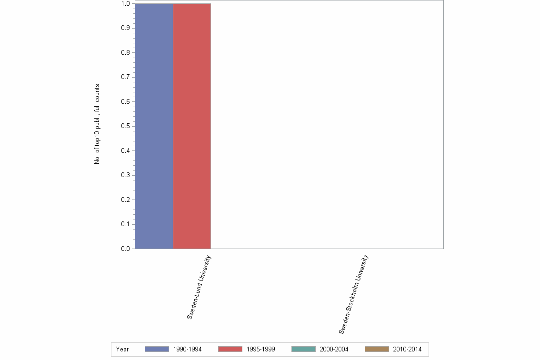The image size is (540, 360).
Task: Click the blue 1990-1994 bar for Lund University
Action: [154, 126]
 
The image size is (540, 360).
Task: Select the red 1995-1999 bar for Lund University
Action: [192, 126]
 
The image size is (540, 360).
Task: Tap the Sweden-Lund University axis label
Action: [199, 287]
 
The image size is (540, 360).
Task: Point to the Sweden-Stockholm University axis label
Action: [353, 294]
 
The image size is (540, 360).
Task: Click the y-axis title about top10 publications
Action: [97, 124]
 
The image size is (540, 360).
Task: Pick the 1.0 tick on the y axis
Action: [125, 4]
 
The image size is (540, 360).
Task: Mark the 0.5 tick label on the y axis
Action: [125, 126]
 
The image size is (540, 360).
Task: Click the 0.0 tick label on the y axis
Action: [125, 249]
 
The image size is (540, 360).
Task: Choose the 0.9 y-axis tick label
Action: [125, 28]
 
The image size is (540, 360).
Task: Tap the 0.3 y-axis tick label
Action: [125, 175]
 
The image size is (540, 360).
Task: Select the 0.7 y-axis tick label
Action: [125, 77]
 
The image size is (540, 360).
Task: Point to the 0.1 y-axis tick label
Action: [125, 224]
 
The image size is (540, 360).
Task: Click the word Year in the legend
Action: [122, 349]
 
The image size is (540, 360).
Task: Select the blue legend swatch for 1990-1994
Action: [157, 349]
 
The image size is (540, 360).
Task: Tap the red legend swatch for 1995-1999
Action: [230, 349]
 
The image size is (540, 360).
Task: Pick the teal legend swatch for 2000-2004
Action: [303, 349]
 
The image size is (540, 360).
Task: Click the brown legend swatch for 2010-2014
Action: [377, 349]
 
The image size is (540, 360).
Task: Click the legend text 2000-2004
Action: [334, 349]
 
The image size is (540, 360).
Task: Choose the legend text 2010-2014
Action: [407, 349]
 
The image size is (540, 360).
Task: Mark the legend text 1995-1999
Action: [260, 349]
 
